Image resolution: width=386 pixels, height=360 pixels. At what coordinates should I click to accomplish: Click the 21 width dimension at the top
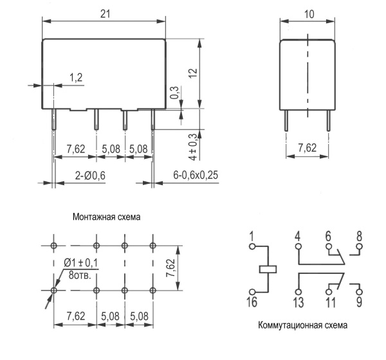pyautogui.click(x=104, y=13)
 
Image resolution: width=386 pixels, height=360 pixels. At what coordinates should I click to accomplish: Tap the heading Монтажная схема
pyautogui.click(x=106, y=217)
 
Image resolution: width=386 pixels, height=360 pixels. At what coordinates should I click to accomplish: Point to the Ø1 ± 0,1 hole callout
pyautogui.click(x=82, y=264)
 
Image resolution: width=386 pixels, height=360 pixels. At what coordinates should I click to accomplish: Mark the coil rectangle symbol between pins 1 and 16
pyautogui.click(x=267, y=268)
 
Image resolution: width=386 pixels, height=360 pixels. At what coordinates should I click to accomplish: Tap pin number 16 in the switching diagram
pyautogui.click(x=253, y=301)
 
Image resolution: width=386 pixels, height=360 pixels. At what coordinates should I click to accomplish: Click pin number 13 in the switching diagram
pyautogui.click(x=298, y=301)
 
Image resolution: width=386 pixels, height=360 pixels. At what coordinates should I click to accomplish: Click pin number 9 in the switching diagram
pyautogui.click(x=359, y=301)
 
